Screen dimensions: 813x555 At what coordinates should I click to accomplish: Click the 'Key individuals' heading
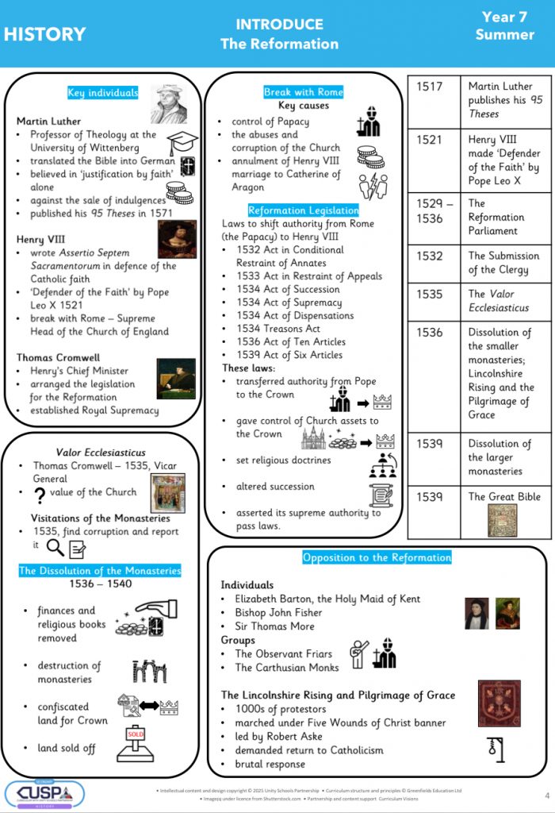[x=102, y=93]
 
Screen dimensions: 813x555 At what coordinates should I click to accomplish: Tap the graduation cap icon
[x=182, y=143]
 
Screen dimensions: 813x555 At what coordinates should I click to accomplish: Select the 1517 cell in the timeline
[x=431, y=87]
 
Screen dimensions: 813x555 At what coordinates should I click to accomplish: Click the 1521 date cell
[x=431, y=140]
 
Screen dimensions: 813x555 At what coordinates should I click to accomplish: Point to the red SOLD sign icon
[x=135, y=739]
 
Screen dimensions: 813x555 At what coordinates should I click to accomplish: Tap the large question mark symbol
[x=39, y=495]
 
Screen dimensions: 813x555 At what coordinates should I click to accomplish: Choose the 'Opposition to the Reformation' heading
[x=377, y=557]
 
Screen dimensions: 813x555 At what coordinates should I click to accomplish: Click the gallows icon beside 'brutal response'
[x=497, y=748]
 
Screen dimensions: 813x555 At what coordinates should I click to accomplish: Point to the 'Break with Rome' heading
[x=304, y=92]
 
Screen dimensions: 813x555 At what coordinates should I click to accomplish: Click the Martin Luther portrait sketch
[x=169, y=104]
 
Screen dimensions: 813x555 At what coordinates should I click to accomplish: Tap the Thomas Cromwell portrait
[x=175, y=378]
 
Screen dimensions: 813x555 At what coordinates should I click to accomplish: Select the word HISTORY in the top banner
[x=44, y=34]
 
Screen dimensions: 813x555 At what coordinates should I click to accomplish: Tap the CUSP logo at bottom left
[x=44, y=793]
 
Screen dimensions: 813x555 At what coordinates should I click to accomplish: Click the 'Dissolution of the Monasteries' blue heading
[x=100, y=570]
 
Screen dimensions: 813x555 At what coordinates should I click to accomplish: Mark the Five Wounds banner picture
[x=499, y=702]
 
